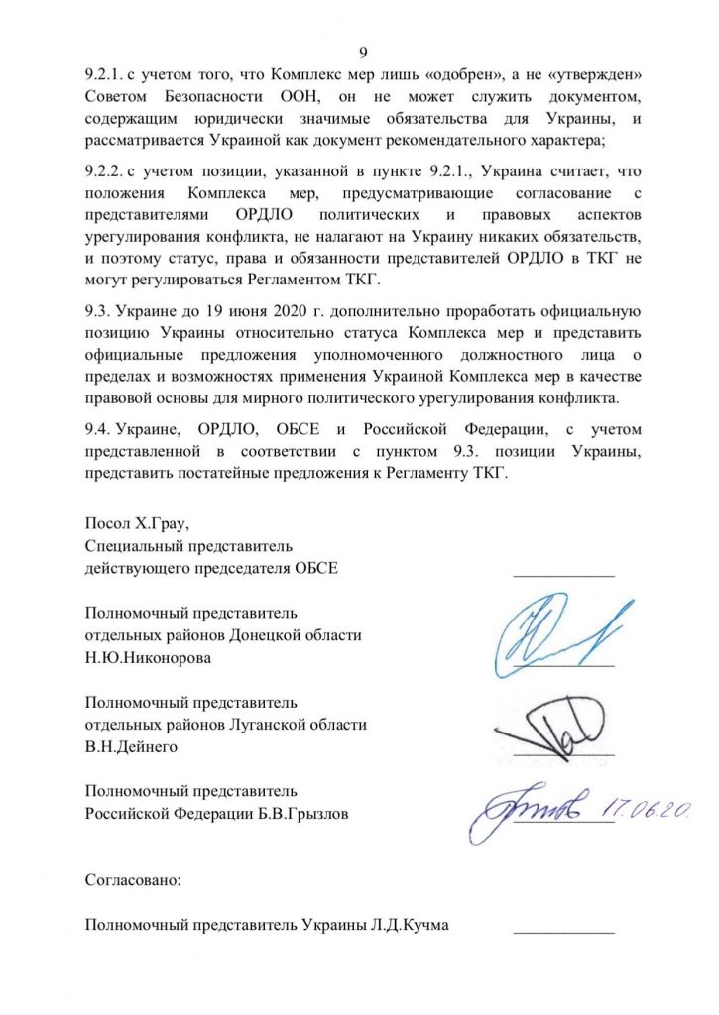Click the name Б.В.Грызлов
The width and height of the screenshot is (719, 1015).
301,814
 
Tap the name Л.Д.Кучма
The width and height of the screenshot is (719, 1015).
418,926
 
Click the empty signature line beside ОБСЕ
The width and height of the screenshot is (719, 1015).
563,574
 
